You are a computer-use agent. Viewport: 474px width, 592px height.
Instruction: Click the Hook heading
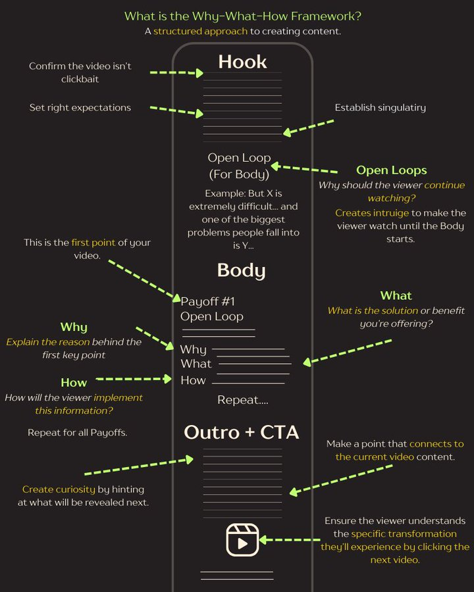(242, 62)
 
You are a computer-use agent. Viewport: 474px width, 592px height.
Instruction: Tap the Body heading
(241, 271)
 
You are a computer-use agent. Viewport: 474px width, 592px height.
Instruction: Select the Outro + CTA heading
(241, 432)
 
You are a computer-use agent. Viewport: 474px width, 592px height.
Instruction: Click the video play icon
(242, 540)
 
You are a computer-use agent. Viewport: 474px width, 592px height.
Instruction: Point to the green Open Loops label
(391, 170)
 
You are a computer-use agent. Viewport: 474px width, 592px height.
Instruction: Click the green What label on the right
(396, 295)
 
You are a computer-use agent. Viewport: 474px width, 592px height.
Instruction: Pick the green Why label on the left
(74, 327)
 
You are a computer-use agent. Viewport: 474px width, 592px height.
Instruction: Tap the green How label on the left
(74, 382)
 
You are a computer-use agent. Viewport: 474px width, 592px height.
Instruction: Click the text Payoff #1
(207, 302)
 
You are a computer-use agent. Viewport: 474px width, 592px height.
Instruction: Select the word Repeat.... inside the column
(243, 400)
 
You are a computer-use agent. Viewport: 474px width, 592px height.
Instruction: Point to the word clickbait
(80, 80)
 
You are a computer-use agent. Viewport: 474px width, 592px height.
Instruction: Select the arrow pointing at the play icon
(290, 540)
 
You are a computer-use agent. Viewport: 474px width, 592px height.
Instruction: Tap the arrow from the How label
(134, 379)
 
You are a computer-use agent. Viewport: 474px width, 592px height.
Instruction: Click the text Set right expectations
(80, 108)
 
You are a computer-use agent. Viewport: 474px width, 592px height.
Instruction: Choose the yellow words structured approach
(200, 32)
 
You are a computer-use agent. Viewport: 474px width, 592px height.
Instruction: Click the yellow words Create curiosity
(59, 489)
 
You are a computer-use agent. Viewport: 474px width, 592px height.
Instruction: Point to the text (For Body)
(239, 174)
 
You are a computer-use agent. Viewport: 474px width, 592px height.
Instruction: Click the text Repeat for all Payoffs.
(78, 433)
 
